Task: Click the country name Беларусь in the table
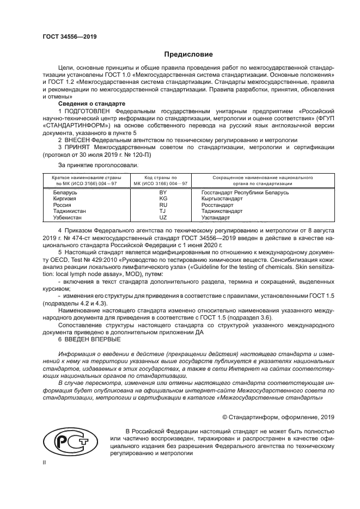coord(65,193)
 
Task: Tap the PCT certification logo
coord(68,441)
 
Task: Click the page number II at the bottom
coord(45,462)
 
